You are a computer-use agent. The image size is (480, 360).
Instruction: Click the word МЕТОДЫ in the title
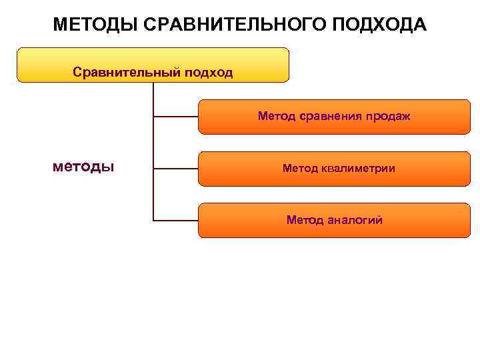tap(95, 25)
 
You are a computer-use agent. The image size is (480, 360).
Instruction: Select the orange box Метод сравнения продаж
tap(334, 117)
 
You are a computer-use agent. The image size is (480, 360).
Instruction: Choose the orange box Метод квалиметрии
tap(334, 169)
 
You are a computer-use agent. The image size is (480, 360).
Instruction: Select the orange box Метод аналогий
tap(334, 220)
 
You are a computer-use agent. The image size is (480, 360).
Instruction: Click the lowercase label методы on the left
tap(83, 166)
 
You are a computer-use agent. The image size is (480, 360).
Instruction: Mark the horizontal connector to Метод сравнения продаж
tap(176, 116)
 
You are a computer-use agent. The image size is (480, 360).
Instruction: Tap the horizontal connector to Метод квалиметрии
tap(176, 168)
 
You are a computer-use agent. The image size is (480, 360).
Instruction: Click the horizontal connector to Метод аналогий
tap(176, 219)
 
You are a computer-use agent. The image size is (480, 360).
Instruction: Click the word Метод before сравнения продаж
tap(275, 117)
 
